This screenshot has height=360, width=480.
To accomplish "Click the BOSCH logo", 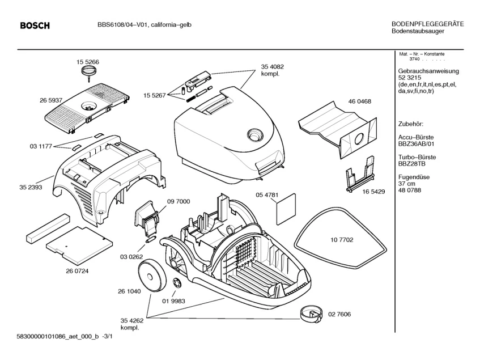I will pyautogui.click(x=35, y=26).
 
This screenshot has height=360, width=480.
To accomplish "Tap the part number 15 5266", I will pyautogui.click(x=88, y=61).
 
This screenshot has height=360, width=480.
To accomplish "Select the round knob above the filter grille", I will pyautogui.click(x=88, y=71).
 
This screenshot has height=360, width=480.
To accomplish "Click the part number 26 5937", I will pyautogui.click(x=50, y=100).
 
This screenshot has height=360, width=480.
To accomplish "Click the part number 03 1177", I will pyautogui.click(x=41, y=146).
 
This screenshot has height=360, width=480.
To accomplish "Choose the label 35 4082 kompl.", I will pyautogui.click(x=272, y=70).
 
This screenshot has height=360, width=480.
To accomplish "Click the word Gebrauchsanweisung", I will pyautogui.click(x=428, y=71).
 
